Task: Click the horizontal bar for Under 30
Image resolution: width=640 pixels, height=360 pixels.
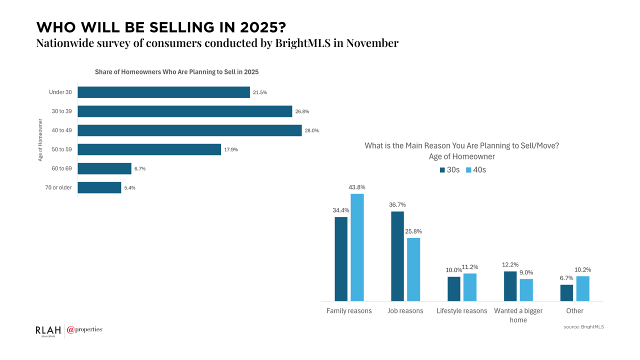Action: point(163,92)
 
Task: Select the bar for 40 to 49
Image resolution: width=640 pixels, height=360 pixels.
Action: point(189,130)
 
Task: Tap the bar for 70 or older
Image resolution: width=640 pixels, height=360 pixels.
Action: point(99,187)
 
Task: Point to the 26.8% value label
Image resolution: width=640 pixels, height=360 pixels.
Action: point(302,111)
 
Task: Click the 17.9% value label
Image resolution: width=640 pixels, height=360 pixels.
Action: point(231,149)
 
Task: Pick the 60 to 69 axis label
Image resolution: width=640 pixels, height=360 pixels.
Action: point(61,168)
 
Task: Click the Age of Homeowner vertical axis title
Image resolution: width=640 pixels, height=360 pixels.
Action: point(40,140)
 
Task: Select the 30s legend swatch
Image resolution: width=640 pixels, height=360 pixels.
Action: point(442,170)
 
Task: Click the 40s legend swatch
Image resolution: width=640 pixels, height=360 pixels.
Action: point(468,170)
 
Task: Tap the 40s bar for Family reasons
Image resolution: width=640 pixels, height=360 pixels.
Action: point(357,247)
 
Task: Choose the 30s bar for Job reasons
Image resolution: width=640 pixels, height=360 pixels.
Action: point(397,256)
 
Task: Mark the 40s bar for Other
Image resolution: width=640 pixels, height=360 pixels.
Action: point(582,288)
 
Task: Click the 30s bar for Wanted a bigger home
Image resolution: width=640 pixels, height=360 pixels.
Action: point(510,286)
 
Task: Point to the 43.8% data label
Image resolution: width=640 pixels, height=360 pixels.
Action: point(357,187)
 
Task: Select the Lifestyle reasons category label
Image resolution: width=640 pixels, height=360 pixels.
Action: point(461,311)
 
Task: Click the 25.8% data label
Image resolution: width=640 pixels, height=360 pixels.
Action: point(413,231)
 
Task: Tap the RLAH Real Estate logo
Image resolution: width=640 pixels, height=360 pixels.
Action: point(48,330)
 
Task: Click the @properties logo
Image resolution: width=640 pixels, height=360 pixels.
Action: point(84,330)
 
